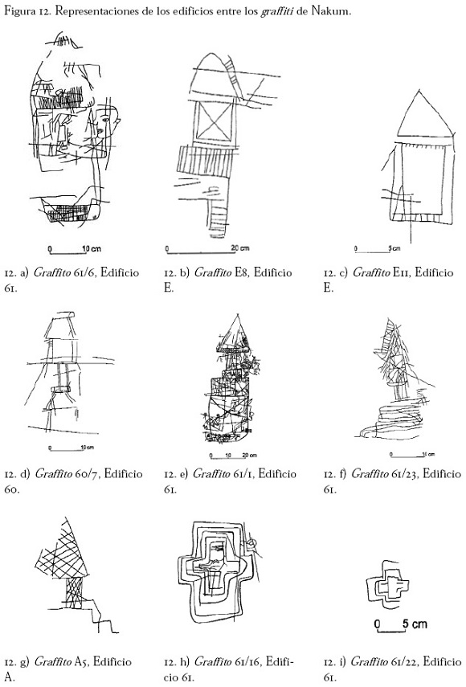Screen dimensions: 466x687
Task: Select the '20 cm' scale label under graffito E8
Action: tap(240, 248)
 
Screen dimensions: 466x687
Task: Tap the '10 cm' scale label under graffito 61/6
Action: tap(92, 249)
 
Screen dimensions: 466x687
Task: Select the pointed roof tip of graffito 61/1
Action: tap(237, 315)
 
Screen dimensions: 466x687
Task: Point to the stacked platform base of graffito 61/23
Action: tap(391, 419)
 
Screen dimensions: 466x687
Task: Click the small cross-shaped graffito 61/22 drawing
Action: tap(387, 583)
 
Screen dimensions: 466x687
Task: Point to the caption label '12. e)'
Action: tap(176, 474)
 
